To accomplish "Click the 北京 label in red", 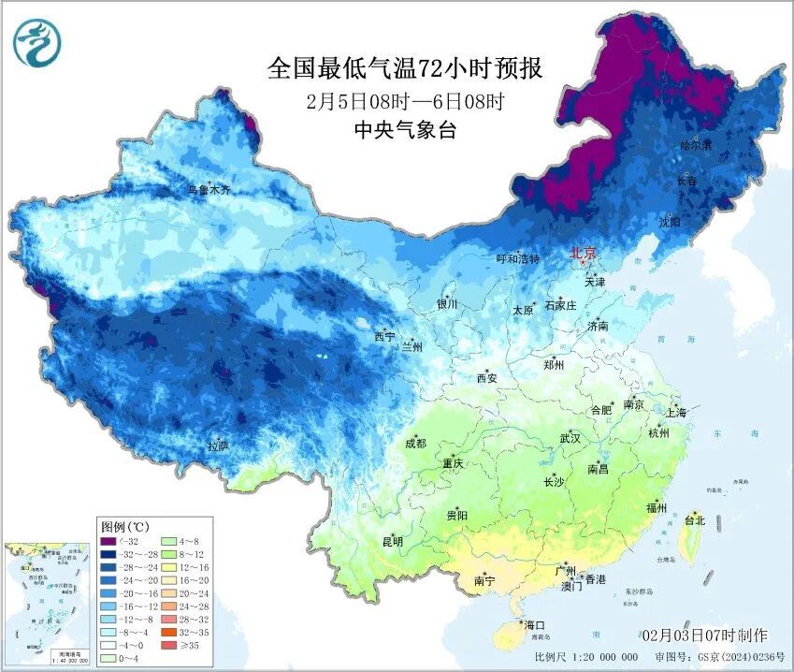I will tap(584, 254).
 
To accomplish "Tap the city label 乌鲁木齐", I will tap(209, 189).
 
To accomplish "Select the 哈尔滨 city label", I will tap(696, 146).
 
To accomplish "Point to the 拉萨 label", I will tap(218, 446).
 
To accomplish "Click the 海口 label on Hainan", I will tap(534, 624).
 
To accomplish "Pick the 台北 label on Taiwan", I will tap(695, 519).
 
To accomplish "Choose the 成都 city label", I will tap(416, 444).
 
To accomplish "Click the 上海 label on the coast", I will tap(675, 413).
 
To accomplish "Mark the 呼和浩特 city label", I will tap(517, 258).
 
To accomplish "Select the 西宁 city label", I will tap(384, 336).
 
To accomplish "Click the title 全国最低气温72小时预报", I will tap(404, 68).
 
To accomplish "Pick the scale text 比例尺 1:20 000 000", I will tap(587, 657).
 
